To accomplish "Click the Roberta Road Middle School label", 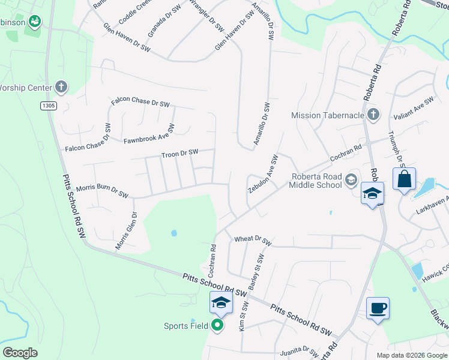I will (x=316, y=181).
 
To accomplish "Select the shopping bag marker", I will (x=404, y=179).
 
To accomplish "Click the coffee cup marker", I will (x=378, y=308).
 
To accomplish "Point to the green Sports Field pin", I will (x=218, y=326).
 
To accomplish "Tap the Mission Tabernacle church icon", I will (x=373, y=115).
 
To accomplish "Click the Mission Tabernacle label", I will (x=328, y=115).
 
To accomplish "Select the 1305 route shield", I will (x=49, y=106).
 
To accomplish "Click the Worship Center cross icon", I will (x=61, y=87).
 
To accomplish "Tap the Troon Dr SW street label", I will (x=179, y=154).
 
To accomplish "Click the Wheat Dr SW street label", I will (x=253, y=241).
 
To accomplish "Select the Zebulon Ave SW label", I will (x=263, y=175).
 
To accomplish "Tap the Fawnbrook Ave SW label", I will (x=149, y=134).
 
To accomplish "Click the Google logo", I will (x=20, y=353).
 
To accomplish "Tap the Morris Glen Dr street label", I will (x=127, y=230).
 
